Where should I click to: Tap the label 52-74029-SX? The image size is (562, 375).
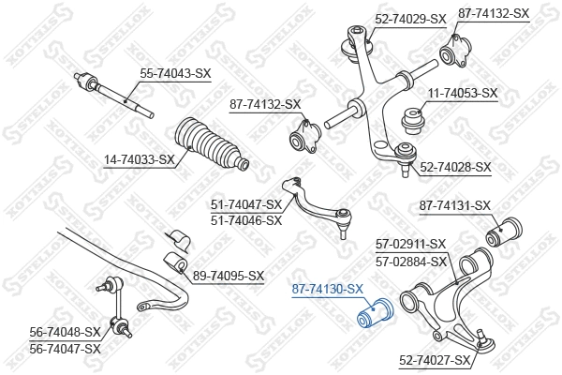tap(410, 19)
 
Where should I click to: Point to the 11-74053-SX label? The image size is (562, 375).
tap(462, 94)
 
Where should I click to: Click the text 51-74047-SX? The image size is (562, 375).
tap(246, 204)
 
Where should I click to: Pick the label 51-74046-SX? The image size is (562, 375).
tap(246, 220)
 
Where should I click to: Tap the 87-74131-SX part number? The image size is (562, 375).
tap(454, 205)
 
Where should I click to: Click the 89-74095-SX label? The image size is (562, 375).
tap(229, 276)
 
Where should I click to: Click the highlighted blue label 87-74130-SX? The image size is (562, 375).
tap(328, 290)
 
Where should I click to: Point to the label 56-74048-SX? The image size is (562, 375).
tap(66, 332)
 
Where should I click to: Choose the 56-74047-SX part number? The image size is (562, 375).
tap(66, 349)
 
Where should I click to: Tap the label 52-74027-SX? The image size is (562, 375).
tap(436, 359)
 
